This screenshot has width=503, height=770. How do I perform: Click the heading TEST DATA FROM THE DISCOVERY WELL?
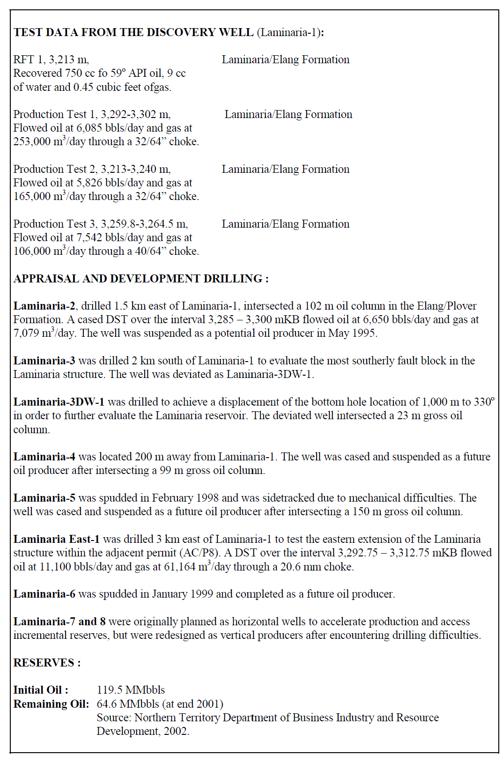[133, 32]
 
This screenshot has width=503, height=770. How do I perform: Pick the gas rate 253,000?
[32, 141]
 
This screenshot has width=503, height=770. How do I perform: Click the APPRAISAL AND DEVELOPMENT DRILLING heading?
[141, 279]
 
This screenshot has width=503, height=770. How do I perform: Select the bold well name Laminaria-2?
[44, 306]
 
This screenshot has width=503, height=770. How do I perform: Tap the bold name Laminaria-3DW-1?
[59, 402]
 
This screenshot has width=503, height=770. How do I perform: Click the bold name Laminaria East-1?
[56, 539]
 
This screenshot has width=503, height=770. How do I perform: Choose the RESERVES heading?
[47, 663]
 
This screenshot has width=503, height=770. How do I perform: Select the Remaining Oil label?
[51, 704]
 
